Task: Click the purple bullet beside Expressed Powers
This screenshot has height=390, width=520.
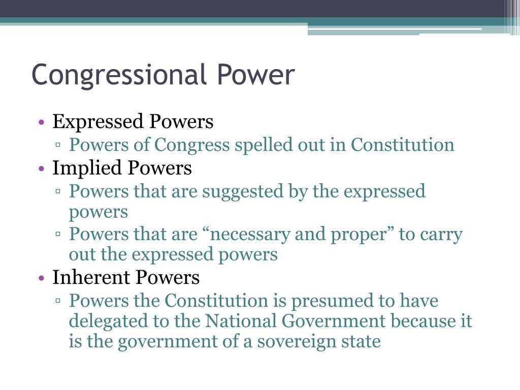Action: (42, 122)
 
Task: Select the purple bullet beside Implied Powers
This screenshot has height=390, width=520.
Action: (42, 169)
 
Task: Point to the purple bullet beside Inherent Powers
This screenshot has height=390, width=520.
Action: (42, 278)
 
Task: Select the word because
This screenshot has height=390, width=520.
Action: (419, 321)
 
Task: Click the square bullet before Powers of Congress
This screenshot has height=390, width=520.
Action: (58, 145)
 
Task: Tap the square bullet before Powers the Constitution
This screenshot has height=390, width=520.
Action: (58, 301)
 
